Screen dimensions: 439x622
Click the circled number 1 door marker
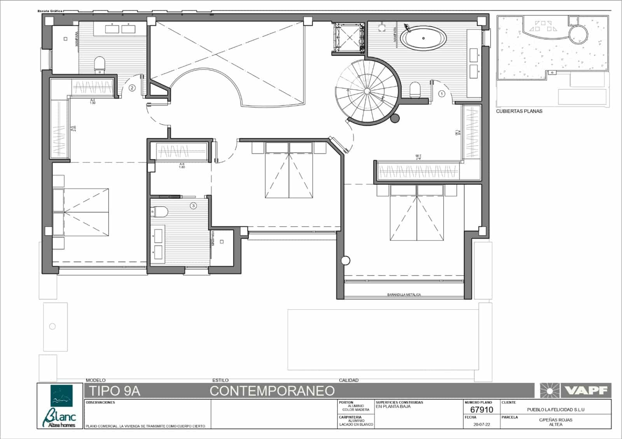click(x=441, y=94)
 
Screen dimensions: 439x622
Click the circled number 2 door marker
click(x=132, y=88)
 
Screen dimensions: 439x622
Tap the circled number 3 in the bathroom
click(x=193, y=206)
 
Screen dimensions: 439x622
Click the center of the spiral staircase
click(x=367, y=91)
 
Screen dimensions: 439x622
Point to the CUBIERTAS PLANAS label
click(x=519, y=111)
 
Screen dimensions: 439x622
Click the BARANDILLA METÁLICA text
click(x=404, y=295)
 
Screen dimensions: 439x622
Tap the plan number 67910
click(x=481, y=409)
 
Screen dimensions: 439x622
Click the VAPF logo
click(x=576, y=390)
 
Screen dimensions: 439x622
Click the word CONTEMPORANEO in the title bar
click(x=272, y=390)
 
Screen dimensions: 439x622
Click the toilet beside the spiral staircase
click(x=415, y=90)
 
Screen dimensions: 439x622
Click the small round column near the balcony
click(x=345, y=261)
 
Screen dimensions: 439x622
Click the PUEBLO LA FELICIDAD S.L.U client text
click(x=556, y=409)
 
